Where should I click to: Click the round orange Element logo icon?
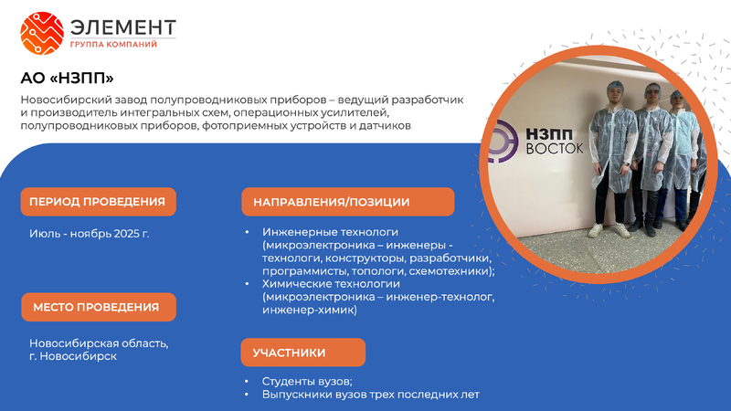tap(42, 34)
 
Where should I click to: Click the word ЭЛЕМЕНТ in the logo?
tap(123, 27)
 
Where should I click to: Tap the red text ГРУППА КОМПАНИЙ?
tap(113, 45)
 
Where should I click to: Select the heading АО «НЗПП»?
tap(67, 78)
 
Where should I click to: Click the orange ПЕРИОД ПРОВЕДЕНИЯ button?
tap(99, 202)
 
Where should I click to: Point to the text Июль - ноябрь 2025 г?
tap(89, 234)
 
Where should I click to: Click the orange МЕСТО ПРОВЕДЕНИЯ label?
tap(99, 307)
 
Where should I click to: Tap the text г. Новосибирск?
tap(73, 356)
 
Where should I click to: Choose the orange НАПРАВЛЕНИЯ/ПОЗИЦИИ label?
tap(348, 202)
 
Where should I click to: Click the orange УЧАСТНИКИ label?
tap(303, 353)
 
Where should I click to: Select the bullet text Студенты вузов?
tap(307, 381)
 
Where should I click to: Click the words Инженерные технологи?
tap(330, 232)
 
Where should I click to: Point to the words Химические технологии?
tap(331, 284)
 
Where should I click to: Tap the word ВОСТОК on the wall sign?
tap(555, 149)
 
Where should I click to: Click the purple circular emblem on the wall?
tap(502, 142)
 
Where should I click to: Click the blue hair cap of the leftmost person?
tap(615, 86)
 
